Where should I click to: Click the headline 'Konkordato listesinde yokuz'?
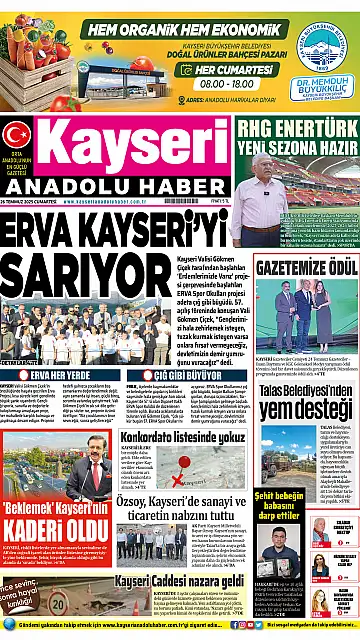[x=181, y=436]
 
